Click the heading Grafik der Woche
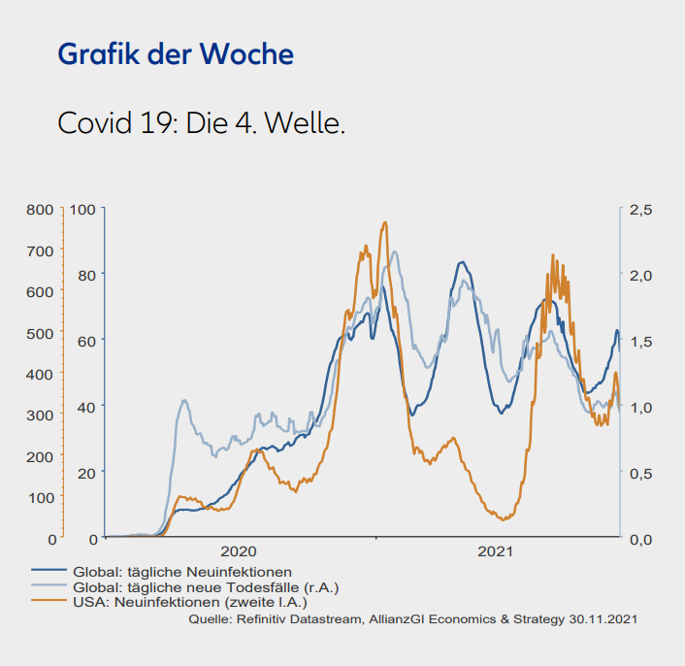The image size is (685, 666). tap(176, 54)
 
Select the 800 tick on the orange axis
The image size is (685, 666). tap(40, 209)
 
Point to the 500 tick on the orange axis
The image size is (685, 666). tap(40, 332)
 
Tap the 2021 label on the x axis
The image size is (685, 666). tap(495, 551)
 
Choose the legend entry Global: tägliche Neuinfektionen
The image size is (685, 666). tap(182, 572)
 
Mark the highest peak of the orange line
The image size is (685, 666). tap(385, 222)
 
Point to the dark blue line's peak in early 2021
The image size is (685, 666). tap(462, 262)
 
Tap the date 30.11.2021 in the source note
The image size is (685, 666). tap(603, 617)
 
